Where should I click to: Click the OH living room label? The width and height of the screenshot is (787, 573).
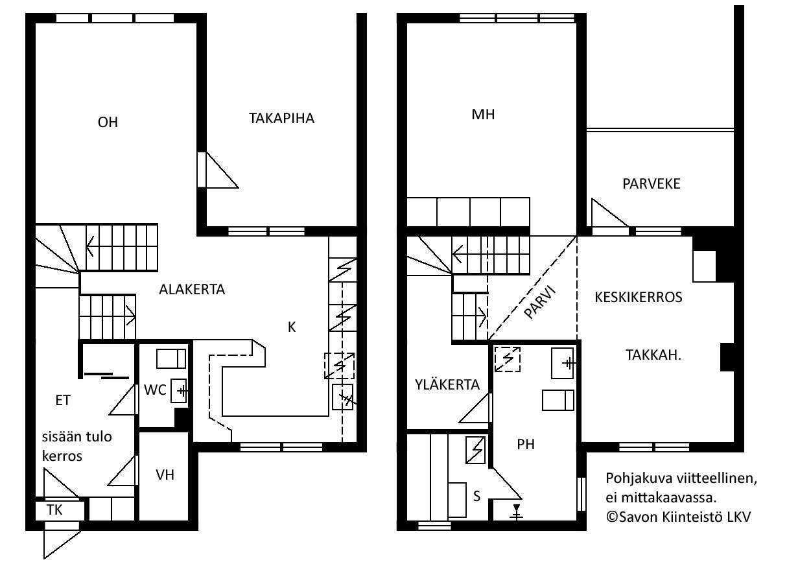point(108,123)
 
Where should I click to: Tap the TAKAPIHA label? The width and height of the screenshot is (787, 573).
point(281,119)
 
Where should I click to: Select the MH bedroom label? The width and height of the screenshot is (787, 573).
point(483,115)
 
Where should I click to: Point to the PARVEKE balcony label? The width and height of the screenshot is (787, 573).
point(651,183)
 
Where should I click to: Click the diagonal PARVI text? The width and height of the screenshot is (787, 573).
point(540,302)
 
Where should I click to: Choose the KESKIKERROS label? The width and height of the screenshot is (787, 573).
point(639,298)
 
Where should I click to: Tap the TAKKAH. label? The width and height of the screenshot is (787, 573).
point(653,355)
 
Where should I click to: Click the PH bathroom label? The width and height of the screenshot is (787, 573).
point(526,445)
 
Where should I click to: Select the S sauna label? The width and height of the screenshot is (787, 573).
point(476,496)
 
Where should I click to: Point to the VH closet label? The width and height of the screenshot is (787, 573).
point(165,475)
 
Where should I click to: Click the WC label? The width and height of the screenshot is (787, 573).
point(155,390)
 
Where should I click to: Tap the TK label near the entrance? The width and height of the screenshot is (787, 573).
point(54,509)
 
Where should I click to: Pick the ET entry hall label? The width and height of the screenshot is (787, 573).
point(63,400)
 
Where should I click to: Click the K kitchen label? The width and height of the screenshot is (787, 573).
point(292,327)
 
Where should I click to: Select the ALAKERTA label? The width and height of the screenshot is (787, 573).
point(192,290)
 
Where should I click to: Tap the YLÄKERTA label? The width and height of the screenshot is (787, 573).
point(447,384)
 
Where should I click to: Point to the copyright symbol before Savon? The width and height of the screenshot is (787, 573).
point(612,517)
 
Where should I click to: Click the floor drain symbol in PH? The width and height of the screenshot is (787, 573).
point(516,512)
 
